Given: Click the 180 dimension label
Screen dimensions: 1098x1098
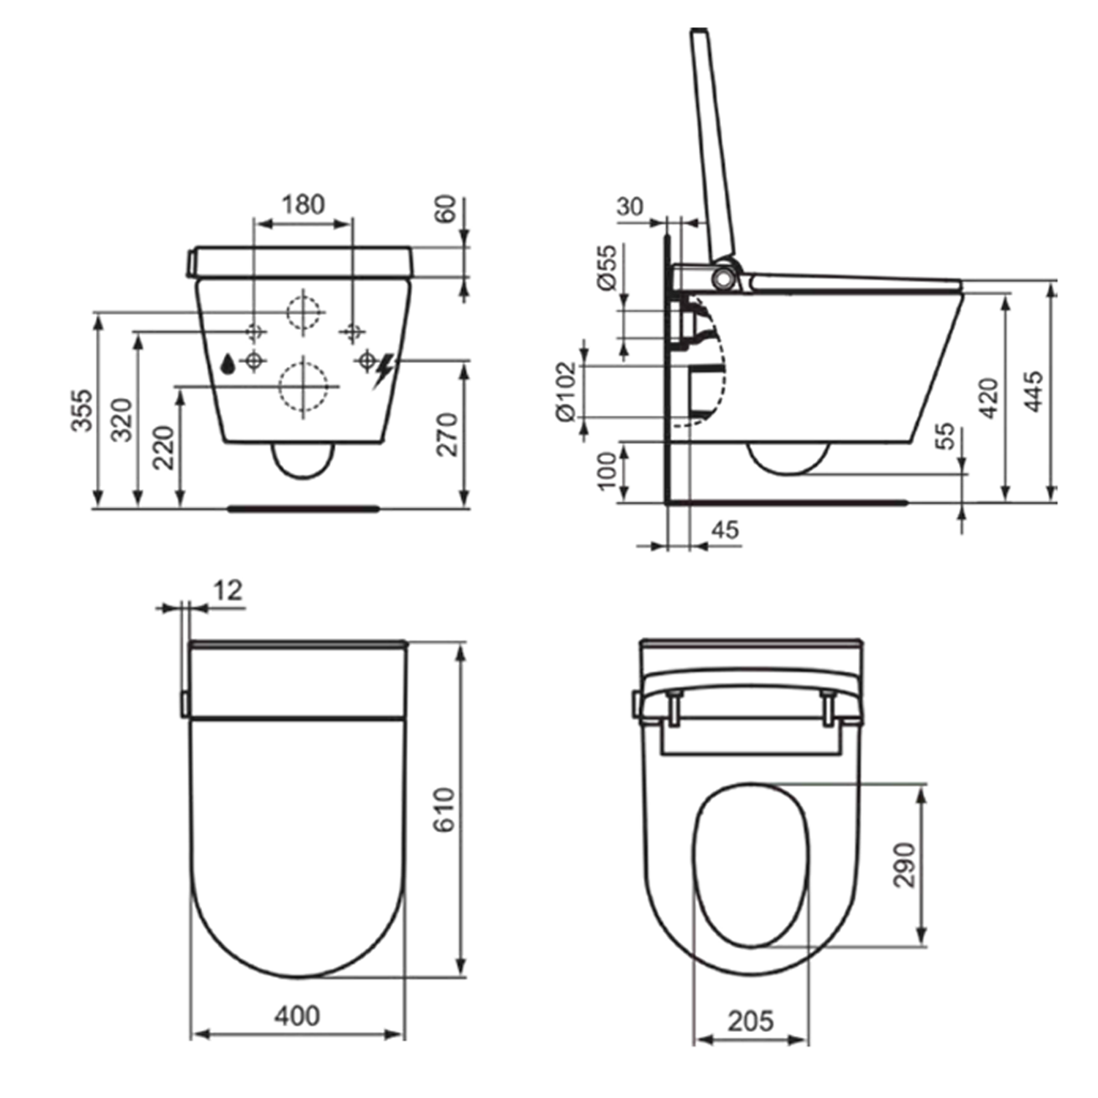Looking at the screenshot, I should [x=303, y=204].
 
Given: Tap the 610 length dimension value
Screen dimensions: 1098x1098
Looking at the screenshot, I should [x=444, y=810].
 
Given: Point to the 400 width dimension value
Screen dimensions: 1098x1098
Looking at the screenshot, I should [x=296, y=1015].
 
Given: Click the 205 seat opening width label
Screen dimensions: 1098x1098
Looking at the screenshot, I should [x=750, y=1020].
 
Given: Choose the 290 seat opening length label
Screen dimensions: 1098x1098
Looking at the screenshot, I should [x=905, y=864].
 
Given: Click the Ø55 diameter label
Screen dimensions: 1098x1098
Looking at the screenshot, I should [x=608, y=268].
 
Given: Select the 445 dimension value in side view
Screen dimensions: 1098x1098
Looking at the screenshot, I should [x=1032, y=392].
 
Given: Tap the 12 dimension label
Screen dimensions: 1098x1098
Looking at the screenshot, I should [x=228, y=591].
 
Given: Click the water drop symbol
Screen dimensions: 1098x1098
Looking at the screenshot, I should [x=228, y=363].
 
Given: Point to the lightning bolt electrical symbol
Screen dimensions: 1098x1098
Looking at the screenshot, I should [x=383, y=370].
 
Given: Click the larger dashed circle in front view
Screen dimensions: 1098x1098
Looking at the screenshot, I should [x=303, y=386].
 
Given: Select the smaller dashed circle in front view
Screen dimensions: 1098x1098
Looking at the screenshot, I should [x=304, y=312].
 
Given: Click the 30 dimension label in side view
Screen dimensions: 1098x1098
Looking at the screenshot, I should [x=630, y=207].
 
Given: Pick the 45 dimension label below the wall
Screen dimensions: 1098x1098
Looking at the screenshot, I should [x=725, y=530].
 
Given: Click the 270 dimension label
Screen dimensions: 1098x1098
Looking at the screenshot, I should [x=447, y=434].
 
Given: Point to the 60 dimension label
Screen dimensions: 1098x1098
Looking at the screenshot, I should [x=445, y=209].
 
